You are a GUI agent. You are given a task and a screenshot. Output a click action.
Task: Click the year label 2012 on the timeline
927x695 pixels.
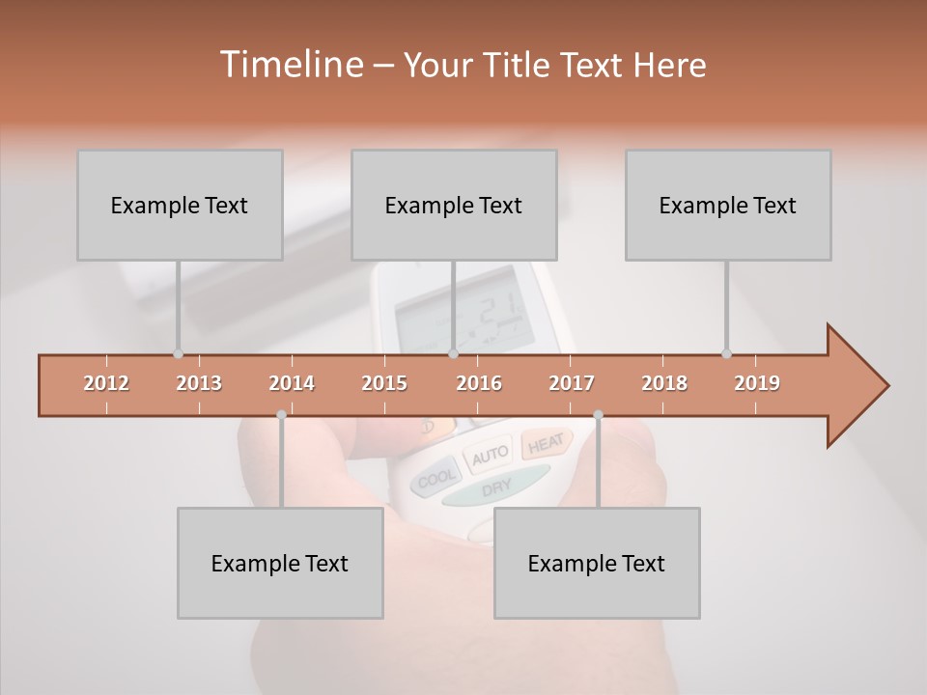[x=106, y=383]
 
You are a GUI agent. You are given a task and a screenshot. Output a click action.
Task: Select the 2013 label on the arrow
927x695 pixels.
[x=199, y=383]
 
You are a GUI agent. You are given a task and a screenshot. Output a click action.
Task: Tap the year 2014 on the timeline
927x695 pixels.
[x=292, y=383]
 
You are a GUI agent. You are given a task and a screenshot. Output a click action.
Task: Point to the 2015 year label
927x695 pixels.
[x=384, y=383]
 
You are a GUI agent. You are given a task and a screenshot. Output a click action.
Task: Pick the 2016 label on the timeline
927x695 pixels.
[x=479, y=383]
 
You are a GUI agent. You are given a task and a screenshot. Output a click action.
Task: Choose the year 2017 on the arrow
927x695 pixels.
[x=572, y=383]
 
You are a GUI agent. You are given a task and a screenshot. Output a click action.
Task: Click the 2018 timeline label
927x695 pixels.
[x=664, y=383]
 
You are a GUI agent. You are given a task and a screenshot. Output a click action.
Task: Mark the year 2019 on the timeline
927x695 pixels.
[x=757, y=383]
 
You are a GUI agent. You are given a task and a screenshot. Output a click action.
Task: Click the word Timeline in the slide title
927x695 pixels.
[x=291, y=65]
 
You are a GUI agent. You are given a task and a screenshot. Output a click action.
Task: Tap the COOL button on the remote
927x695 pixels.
[x=436, y=478]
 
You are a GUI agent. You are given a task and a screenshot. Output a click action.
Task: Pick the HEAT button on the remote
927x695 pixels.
[x=546, y=443]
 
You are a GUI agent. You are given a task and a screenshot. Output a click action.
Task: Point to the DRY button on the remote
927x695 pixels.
[x=496, y=488]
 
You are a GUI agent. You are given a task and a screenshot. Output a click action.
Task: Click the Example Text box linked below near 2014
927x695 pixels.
[x=280, y=564]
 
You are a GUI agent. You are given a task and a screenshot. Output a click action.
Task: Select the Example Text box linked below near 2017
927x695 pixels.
[x=597, y=564]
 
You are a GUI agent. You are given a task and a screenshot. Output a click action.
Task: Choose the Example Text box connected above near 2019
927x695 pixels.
[x=728, y=206]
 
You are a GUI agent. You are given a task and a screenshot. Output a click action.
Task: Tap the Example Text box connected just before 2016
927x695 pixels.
[x=454, y=206]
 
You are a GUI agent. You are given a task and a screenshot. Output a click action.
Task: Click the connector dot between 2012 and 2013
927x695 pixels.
[x=178, y=354]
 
